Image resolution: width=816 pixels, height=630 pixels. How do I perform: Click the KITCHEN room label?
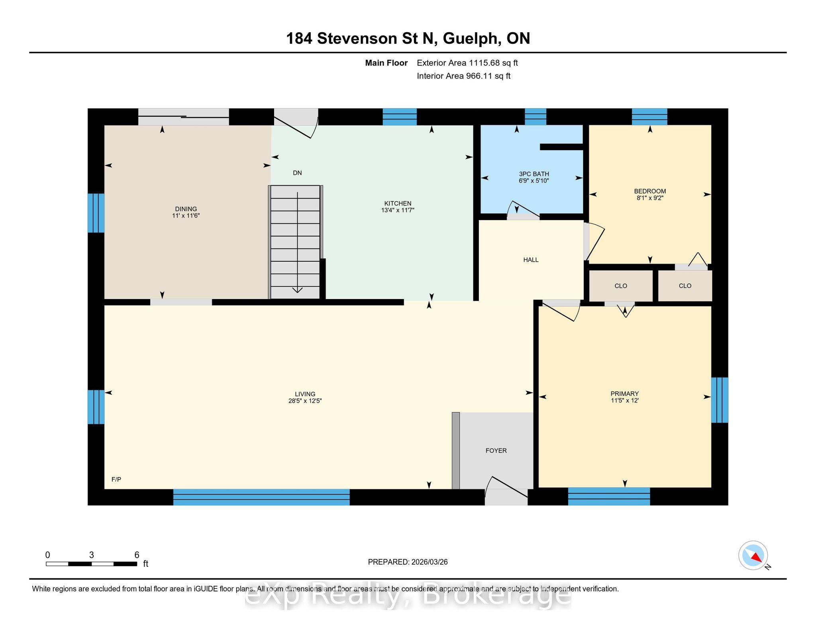pos(398,203)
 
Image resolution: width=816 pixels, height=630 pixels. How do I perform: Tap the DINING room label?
pos(186,209)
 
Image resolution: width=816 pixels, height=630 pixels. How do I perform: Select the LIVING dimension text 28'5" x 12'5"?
pos(305,401)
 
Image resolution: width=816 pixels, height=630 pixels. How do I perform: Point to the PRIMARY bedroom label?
pos(625,394)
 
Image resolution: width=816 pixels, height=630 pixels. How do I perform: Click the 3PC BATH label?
pos(534,174)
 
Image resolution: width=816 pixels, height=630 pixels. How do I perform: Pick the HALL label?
pos(531,260)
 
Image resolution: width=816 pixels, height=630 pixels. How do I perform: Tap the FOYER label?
pos(496,451)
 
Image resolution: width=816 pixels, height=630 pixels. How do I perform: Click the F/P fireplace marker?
pos(116,479)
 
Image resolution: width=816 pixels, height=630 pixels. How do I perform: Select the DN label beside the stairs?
pos(297,173)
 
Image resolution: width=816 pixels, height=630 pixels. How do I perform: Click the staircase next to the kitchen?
pos(295,242)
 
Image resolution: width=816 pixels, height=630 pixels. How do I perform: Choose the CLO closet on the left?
pos(621,286)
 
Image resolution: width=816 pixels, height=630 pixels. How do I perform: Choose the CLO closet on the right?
pos(685,286)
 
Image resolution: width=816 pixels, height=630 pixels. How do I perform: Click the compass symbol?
pos(753,556)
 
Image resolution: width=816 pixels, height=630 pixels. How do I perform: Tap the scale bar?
pos(92,564)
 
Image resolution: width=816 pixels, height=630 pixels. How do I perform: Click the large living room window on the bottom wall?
pos(261,497)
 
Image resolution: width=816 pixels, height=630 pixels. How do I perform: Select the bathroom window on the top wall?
pos(535,117)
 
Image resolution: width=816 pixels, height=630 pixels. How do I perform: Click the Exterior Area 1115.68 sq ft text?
pos(467,63)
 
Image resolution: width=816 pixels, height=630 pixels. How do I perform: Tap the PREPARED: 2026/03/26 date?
pos(408,562)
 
